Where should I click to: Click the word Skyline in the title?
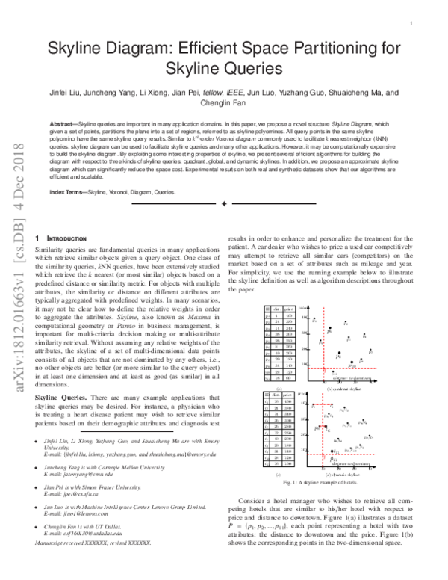click(x=79, y=50)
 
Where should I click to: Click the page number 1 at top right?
click(x=411, y=23)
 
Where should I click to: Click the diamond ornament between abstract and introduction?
click(x=224, y=203)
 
